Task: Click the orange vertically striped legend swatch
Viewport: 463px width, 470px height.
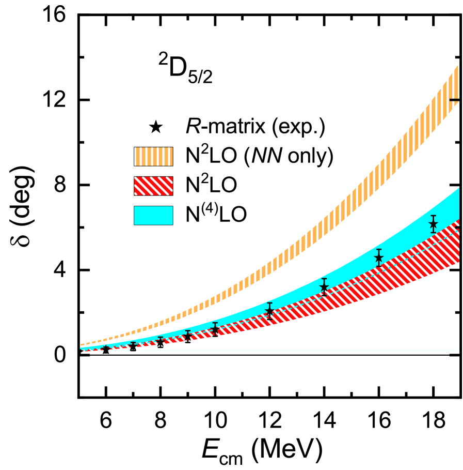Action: [153, 156]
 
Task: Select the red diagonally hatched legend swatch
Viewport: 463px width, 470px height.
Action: [153, 186]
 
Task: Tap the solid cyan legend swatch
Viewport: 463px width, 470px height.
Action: [153, 215]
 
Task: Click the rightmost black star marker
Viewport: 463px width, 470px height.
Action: [433, 224]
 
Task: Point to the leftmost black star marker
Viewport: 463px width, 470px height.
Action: [106, 350]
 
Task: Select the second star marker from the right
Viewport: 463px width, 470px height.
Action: [378, 257]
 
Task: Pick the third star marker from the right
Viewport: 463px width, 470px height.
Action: [324, 286]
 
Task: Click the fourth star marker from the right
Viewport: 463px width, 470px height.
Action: [269, 311]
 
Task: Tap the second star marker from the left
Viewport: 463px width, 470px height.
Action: [133, 347]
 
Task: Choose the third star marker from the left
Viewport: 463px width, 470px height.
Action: [161, 341]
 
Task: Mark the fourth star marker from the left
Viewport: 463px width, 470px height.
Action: [188, 336]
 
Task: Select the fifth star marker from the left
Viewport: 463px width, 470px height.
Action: [215, 328]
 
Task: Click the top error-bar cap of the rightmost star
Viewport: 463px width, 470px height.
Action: [433, 216]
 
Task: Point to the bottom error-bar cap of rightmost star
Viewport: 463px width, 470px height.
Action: [433, 233]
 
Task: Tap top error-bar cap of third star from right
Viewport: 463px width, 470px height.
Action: [324, 279]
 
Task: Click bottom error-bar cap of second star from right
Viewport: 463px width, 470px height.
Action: [378, 266]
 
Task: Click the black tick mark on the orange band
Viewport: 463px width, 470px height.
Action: [454, 99]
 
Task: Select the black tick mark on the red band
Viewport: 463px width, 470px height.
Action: [457, 228]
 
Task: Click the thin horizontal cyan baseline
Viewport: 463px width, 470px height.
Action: [310, 351]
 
